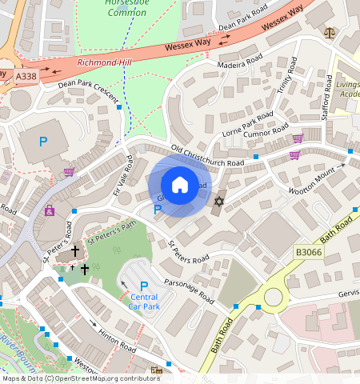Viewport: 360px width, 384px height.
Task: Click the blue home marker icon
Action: tap(180, 185)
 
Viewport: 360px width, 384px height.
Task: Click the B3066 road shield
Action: tap(309, 252)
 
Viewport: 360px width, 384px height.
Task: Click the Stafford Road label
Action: tap(326, 105)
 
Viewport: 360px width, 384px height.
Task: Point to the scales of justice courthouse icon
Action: tap(330, 34)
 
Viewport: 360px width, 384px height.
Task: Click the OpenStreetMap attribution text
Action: tap(80, 378)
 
